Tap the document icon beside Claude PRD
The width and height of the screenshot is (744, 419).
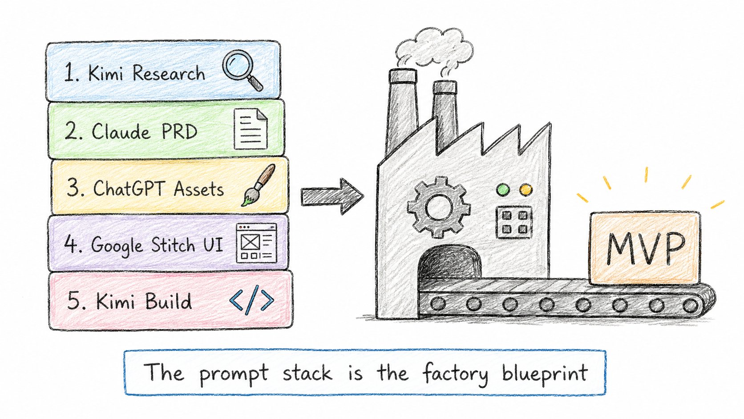[251, 130]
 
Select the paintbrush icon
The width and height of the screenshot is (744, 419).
[259, 185]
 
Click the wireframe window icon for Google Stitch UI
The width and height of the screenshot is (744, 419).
[256, 243]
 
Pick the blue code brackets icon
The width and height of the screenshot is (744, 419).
[251, 300]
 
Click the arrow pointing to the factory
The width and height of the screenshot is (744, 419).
[332, 196]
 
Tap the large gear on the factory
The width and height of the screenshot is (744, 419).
[438, 207]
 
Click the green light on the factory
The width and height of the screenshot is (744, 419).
[503, 190]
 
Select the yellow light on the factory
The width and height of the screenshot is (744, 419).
[526, 190]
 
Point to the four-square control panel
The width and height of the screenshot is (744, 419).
[514, 222]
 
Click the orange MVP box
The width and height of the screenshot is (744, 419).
[645, 248]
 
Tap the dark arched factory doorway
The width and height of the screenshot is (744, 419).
[449, 263]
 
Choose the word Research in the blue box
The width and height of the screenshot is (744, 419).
[169, 73]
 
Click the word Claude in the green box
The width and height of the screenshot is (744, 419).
[121, 131]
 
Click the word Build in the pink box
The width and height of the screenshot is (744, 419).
[168, 301]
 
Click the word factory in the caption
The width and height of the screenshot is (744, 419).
[455, 374]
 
